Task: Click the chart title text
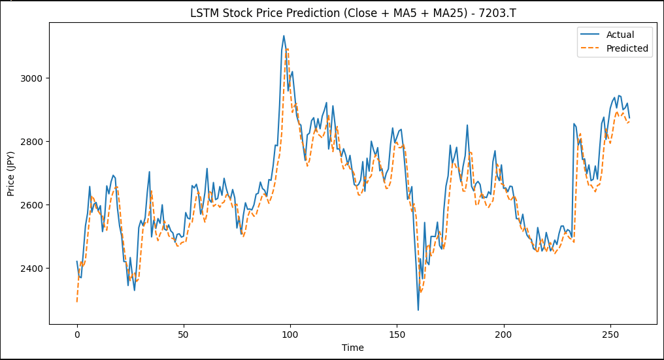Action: [x=353, y=12]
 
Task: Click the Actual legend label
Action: [x=620, y=35]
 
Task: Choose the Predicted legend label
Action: [x=627, y=48]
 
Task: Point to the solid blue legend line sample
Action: [x=590, y=35]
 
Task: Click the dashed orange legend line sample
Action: [x=590, y=48]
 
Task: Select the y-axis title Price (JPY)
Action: [x=11, y=173]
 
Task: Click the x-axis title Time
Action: [x=353, y=348]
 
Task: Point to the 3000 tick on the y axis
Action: [x=31, y=78]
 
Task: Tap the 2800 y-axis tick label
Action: [x=31, y=142]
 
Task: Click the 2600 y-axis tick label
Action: [x=31, y=205]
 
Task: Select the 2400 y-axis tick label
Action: [x=31, y=269]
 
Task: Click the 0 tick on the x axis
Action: [x=77, y=335]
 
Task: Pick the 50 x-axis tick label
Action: [x=184, y=335]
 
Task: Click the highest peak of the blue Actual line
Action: [x=284, y=36]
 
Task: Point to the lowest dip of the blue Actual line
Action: [x=418, y=310]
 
